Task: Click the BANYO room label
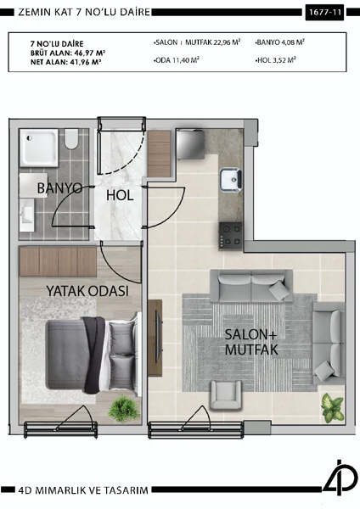point(59,187)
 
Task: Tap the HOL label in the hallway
point(121,195)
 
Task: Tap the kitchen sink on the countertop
point(231,179)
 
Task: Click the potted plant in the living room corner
point(331,409)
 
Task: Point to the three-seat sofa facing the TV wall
point(251,285)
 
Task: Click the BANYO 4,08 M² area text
point(279,41)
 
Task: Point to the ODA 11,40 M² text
point(177,60)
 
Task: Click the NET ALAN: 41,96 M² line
point(65,62)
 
